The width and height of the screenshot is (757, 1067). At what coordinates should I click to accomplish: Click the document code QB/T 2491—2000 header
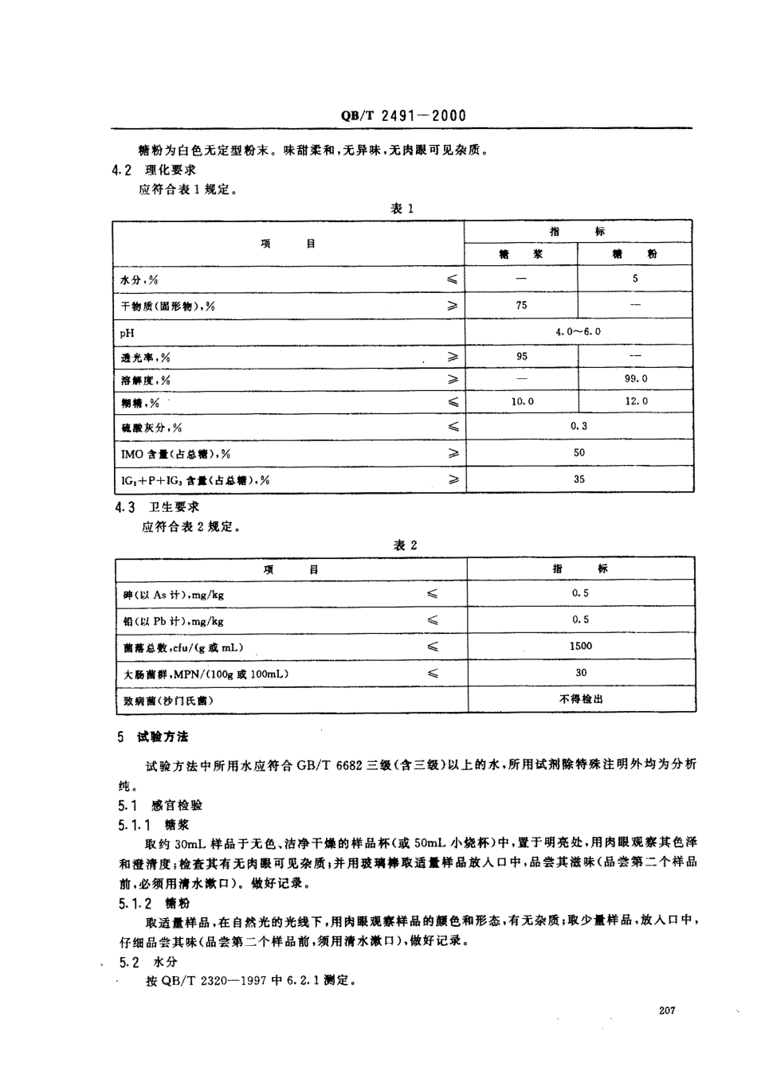point(403,115)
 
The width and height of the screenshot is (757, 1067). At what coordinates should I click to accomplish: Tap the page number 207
point(668,1010)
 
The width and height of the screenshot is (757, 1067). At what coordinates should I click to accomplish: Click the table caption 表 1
point(402,209)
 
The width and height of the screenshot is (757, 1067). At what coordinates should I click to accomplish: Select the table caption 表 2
point(405,545)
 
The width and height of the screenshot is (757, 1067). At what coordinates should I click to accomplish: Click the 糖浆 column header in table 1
point(521,254)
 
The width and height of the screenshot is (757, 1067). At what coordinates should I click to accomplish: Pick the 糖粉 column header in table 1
point(635,254)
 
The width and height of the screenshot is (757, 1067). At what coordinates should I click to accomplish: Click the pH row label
point(127,332)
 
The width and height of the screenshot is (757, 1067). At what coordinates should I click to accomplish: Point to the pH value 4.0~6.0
point(579,331)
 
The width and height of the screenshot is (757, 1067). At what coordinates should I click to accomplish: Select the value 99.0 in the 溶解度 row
point(635,379)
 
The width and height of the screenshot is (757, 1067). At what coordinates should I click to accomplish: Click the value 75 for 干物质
point(521,305)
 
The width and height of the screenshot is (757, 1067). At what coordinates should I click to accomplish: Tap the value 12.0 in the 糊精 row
point(635,401)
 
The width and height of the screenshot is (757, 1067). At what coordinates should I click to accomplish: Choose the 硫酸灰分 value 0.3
point(579,426)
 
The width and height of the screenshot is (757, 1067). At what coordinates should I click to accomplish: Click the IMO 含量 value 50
point(579,452)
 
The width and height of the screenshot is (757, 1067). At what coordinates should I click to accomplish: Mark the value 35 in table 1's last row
point(579,479)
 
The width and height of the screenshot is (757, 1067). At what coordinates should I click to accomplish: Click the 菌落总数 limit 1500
point(581,646)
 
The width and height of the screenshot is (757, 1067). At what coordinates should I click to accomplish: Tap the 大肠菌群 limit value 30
point(581,673)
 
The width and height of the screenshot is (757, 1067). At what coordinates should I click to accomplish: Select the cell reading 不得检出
point(581,698)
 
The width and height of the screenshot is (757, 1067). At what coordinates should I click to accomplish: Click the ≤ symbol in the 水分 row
point(452,279)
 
